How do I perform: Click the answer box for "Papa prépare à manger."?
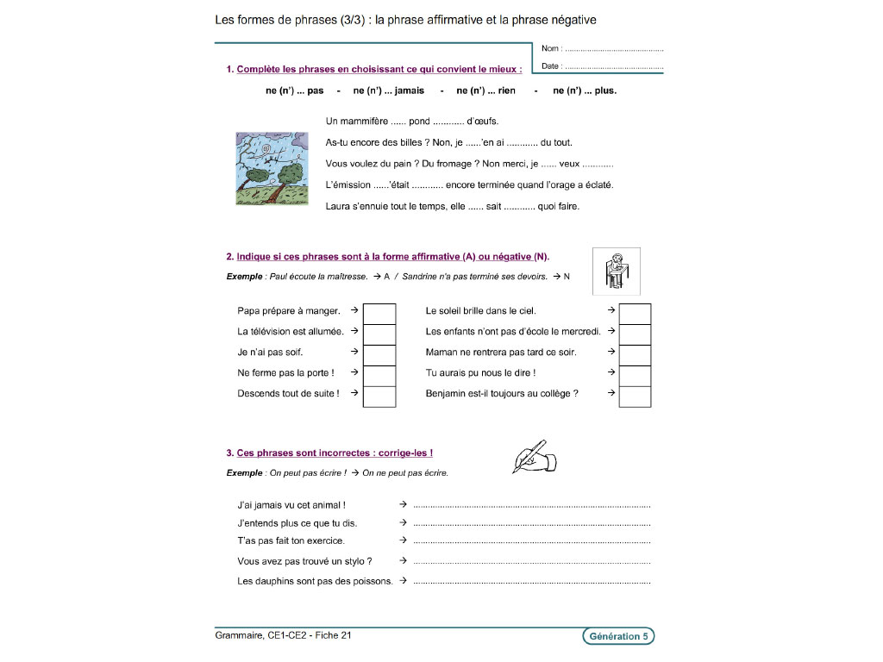pyautogui.click(x=379, y=311)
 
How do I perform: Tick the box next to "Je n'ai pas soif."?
pyautogui.click(x=379, y=353)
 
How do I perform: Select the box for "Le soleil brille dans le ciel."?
pyautogui.click(x=636, y=311)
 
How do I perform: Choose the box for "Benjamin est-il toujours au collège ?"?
pyautogui.click(x=636, y=395)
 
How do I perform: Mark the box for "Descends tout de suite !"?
pyautogui.click(x=379, y=395)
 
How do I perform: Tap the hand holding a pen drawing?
pyautogui.click(x=535, y=457)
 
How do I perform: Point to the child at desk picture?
pyautogui.click(x=616, y=272)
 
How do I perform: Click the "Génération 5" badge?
pyautogui.click(x=618, y=637)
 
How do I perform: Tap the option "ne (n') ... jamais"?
pyautogui.click(x=389, y=91)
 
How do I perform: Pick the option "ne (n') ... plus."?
pyautogui.click(x=585, y=91)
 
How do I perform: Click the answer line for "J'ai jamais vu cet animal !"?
pyautogui.click(x=531, y=506)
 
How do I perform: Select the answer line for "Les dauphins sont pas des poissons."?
pyautogui.click(x=531, y=582)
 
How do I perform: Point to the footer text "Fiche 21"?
pyautogui.click(x=334, y=636)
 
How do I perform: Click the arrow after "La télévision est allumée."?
pyautogui.click(x=354, y=331)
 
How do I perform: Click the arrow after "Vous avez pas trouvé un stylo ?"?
pyautogui.click(x=403, y=561)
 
